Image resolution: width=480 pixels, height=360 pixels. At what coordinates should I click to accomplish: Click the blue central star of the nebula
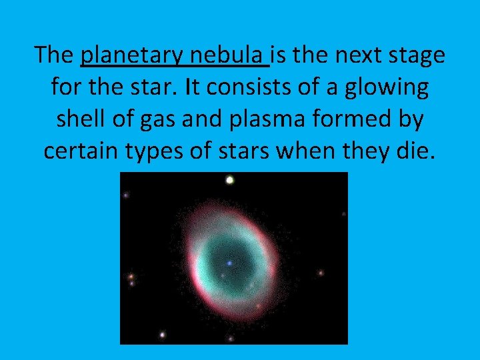coord(229,263)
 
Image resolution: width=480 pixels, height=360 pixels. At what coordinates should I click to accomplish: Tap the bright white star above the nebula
coord(230,179)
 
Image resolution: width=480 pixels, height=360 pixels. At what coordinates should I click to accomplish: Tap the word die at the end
coord(416,151)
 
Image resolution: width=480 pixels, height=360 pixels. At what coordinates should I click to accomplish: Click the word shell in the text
coord(82,119)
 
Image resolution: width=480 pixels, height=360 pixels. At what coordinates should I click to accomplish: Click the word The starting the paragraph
coord(54,55)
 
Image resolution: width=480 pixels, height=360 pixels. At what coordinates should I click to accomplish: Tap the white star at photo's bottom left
coord(161,335)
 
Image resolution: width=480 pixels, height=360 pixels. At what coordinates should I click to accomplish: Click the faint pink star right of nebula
coord(321,273)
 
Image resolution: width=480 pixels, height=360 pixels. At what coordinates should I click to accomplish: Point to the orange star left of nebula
coord(131,276)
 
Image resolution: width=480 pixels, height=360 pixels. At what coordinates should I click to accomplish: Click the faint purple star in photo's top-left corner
coord(126,195)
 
